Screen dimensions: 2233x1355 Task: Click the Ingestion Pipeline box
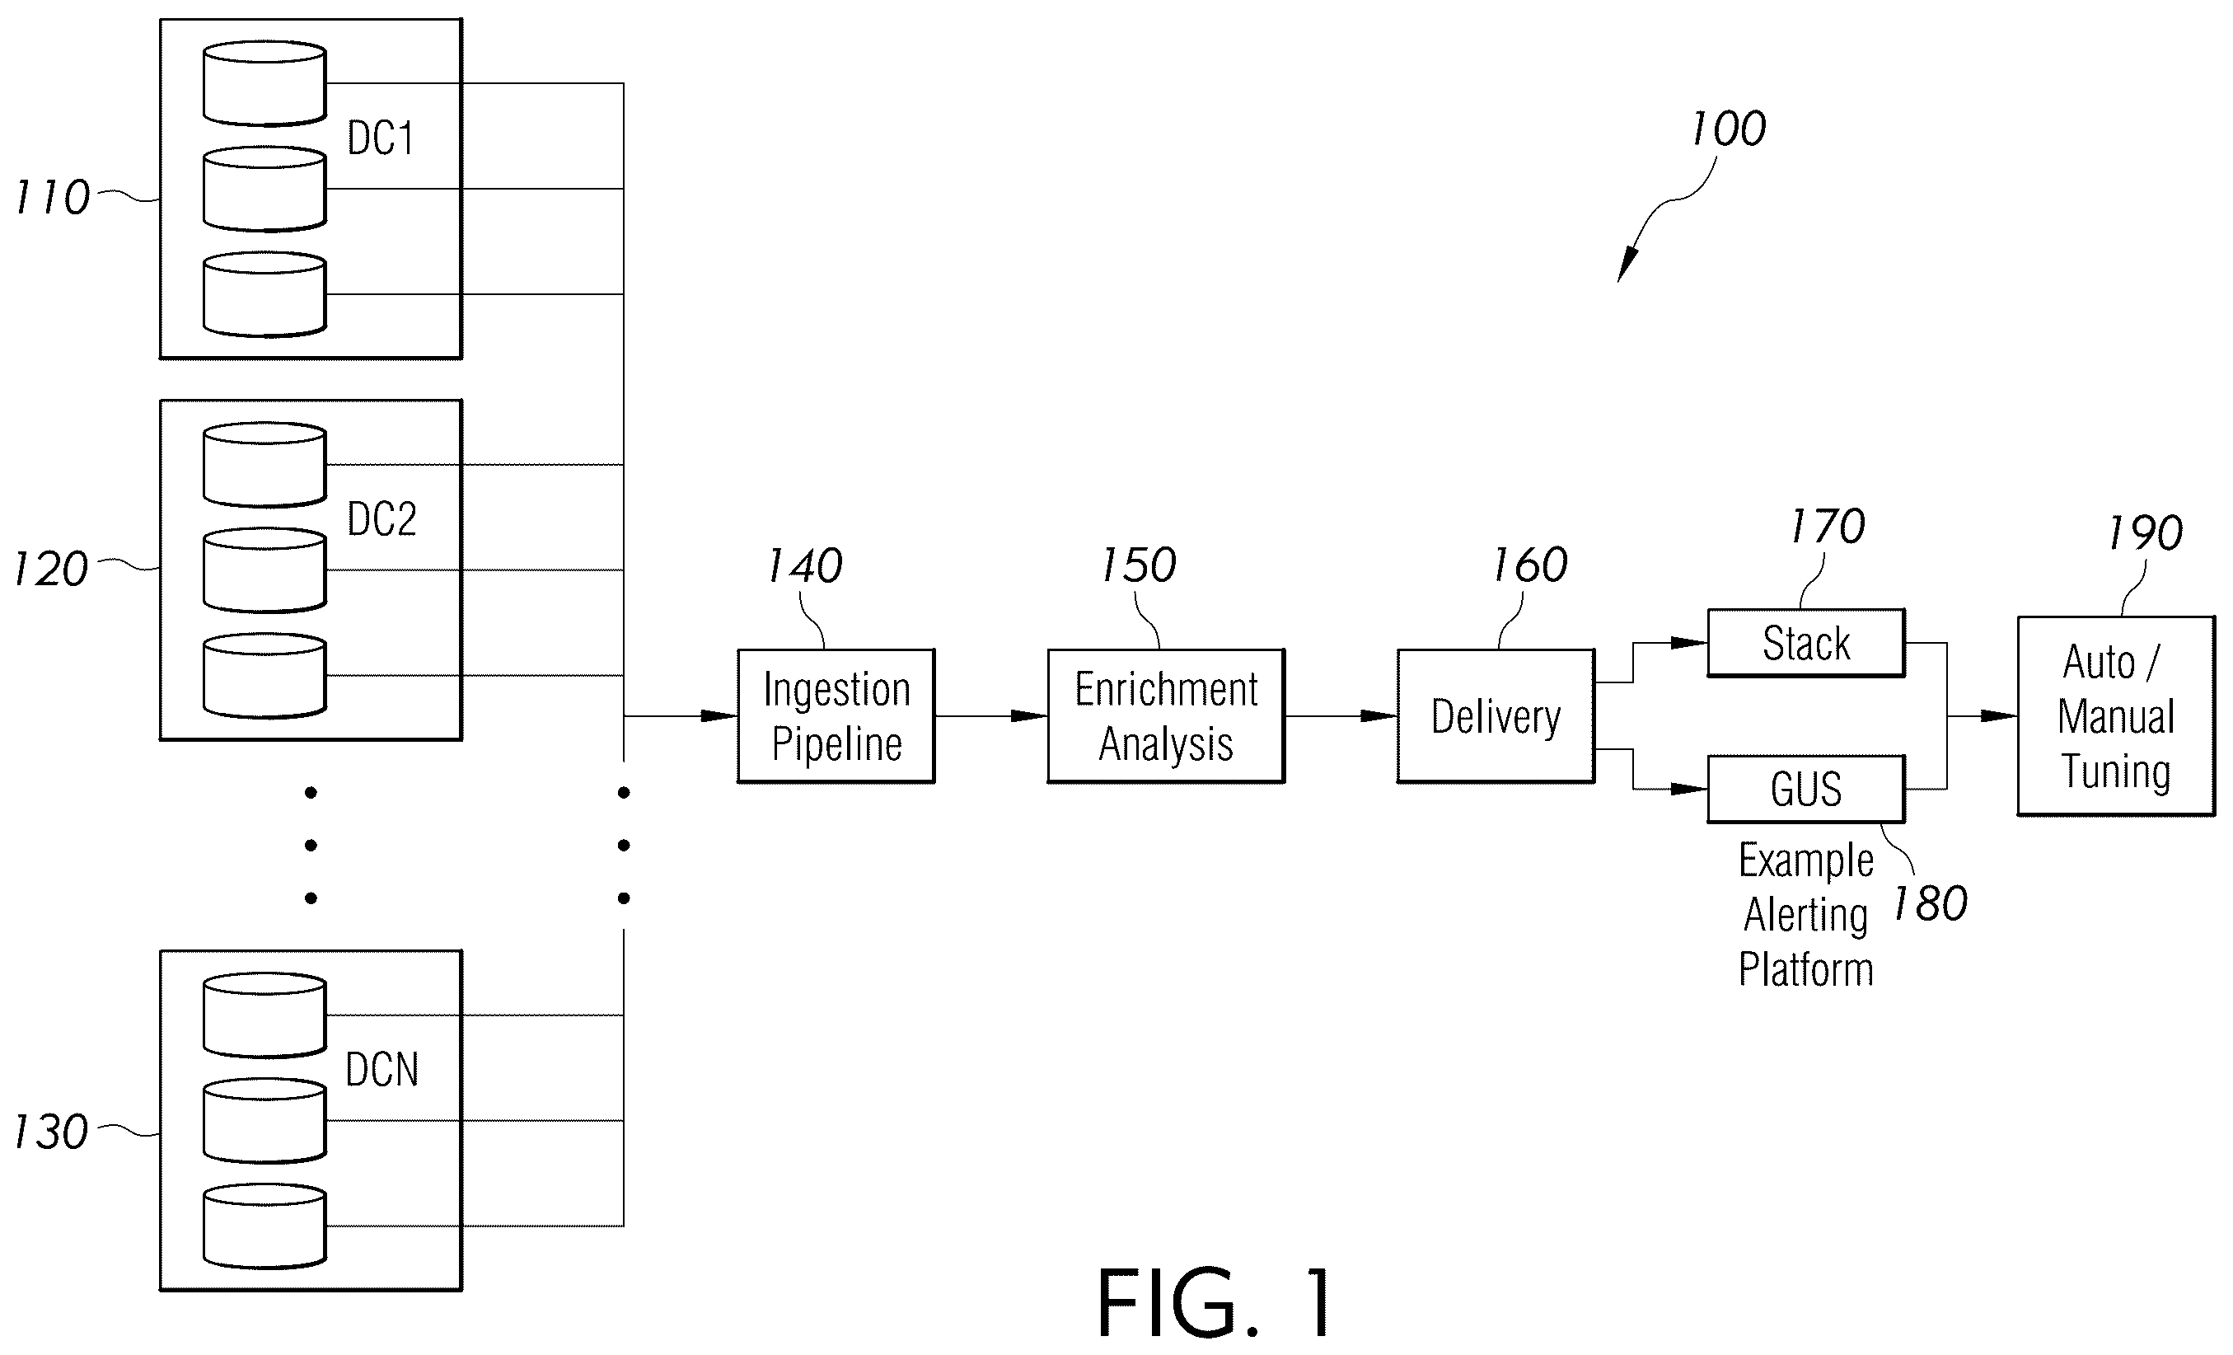pyautogui.click(x=836, y=716)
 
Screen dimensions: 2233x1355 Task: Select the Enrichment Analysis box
pyautogui.click(x=1166, y=716)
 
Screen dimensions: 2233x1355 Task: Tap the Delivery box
pyautogui.click(x=1496, y=716)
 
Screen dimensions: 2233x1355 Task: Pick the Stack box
pyautogui.click(x=1806, y=644)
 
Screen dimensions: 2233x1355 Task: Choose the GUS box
pyautogui.click(x=1806, y=789)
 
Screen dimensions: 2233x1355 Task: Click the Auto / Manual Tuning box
pyautogui.click(x=2116, y=716)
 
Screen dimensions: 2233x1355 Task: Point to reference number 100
pyautogui.click(x=1728, y=129)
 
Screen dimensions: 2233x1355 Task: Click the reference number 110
pyautogui.click(x=53, y=198)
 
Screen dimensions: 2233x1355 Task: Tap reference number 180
pyautogui.click(x=1931, y=903)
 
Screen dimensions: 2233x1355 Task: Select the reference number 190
pyautogui.click(x=2145, y=533)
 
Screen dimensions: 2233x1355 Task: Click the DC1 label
pyautogui.click(x=381, y=138)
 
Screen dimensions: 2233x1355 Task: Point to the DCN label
pyautogui.click(x=382, y=1071)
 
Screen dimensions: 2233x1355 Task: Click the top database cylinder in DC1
pyautogui.click(x=264, y=82)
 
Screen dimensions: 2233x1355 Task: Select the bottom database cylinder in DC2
pyautogui.click(x=264, y=675)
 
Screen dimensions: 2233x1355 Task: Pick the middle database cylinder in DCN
pyautogui.click(x=264, y=1120)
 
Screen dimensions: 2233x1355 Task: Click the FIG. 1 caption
pyautogui.click(x=1215, y=1302)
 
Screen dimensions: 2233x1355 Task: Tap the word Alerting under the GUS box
pyautogui.click(x=1805, y=916)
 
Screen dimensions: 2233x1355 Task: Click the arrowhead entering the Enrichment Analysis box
pyautogui.click(x=1029, y=716)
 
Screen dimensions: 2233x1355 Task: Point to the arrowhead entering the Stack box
pyautogui.click(x=1689, y=644)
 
